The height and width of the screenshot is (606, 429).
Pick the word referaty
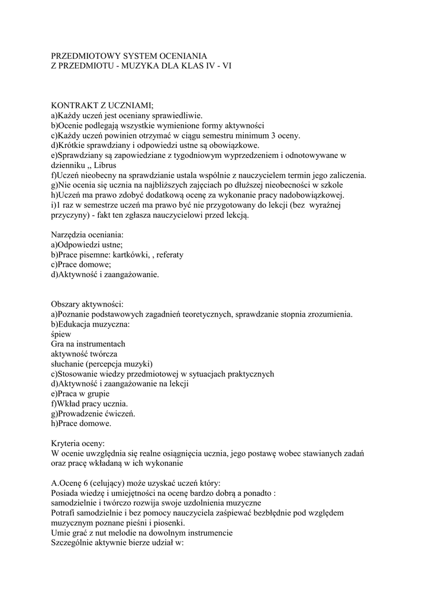[x=168, y=254]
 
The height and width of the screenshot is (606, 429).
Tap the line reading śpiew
[x=61, y=334]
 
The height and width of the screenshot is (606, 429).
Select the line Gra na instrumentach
[x=88, y=344]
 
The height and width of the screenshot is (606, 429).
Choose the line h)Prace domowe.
[x=81, y=423]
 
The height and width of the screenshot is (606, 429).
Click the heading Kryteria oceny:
[x=78, y=443]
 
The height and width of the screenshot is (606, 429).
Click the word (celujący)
[x=111, y=483]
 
